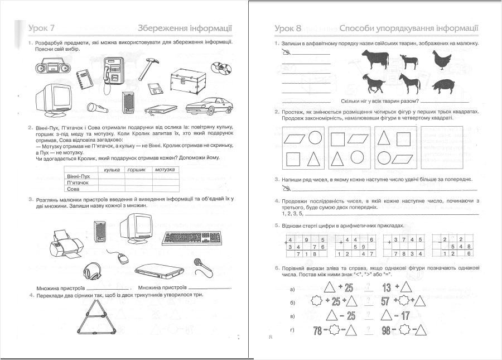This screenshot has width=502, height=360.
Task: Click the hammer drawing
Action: click(146, 66)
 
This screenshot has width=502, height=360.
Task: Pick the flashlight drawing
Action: click(96, 105)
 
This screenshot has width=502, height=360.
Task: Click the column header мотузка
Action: click(166, 169)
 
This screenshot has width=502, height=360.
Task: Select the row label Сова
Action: click(74, 189)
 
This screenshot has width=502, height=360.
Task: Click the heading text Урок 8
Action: click(288, 28)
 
